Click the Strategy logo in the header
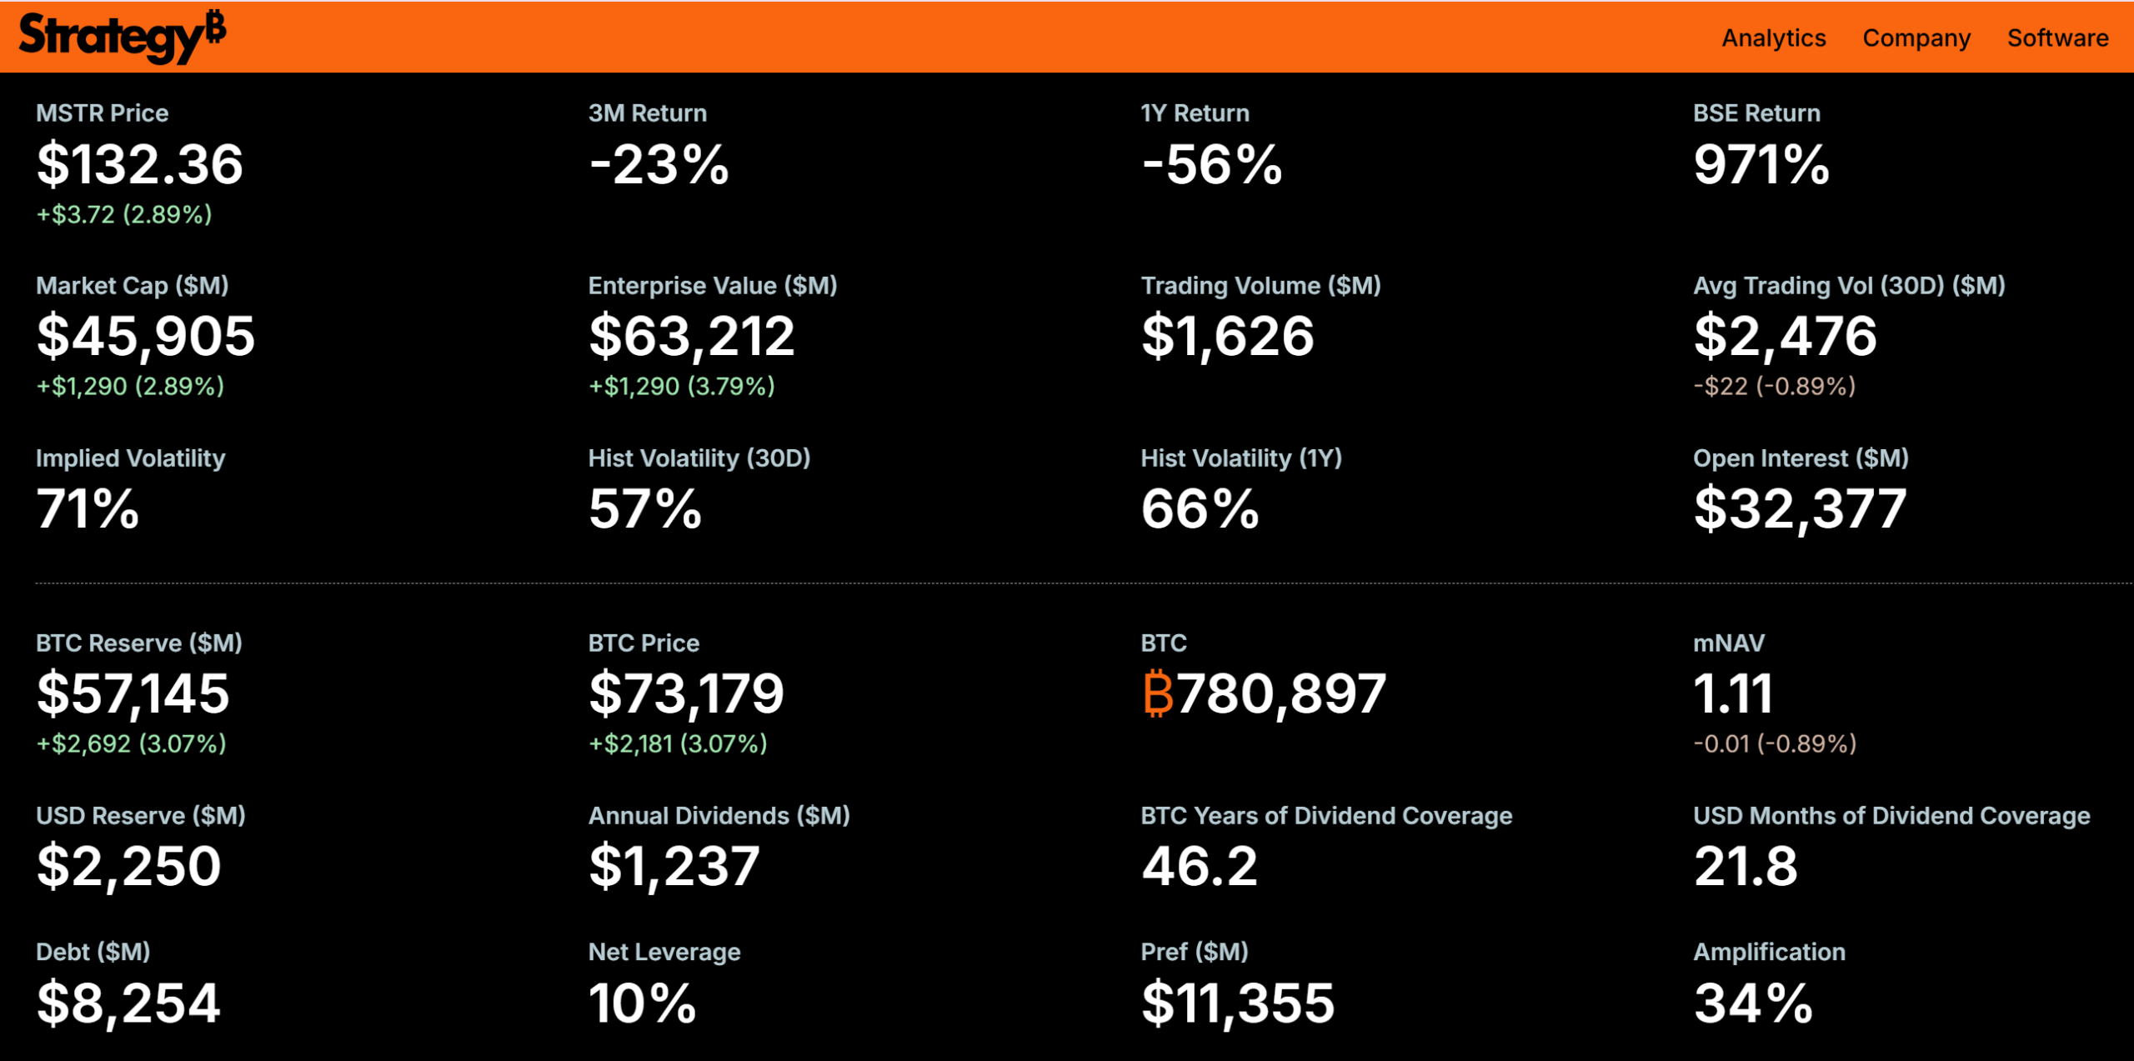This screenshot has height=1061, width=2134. tap(122, 37)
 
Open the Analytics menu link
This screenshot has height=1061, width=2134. tap(1773, 38)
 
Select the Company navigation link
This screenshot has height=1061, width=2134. tap(1916, 38)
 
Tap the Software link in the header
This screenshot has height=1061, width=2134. tap(2057, 38)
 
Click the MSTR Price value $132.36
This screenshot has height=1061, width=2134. tap(140, 164)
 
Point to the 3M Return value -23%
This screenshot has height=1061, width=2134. tap(659, 164)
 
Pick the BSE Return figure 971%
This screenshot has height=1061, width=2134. tap(1761, 164)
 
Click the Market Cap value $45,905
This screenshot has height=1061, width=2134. tap(146, 337)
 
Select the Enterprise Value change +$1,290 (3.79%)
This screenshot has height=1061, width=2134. tap(681, 386)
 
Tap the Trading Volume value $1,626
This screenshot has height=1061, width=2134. tap(1227, 337)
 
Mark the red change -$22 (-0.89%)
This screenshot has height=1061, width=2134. tap(1774, 386)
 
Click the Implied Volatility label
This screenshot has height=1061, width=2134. tap(130, 458)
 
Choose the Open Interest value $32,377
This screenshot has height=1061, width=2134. tap(1800, 509)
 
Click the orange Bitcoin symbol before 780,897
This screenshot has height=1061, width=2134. tap(1157, 693)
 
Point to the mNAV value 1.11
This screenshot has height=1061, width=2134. tap(1732, 693)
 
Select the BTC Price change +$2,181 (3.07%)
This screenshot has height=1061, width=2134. tap(678, 743)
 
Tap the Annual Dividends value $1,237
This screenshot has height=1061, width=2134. tap(674, 866)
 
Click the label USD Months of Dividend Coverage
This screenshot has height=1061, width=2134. tap(1891, 815)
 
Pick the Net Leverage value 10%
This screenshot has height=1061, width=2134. tap(642, 1003)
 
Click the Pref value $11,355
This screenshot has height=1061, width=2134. tap(1237, 1003)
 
